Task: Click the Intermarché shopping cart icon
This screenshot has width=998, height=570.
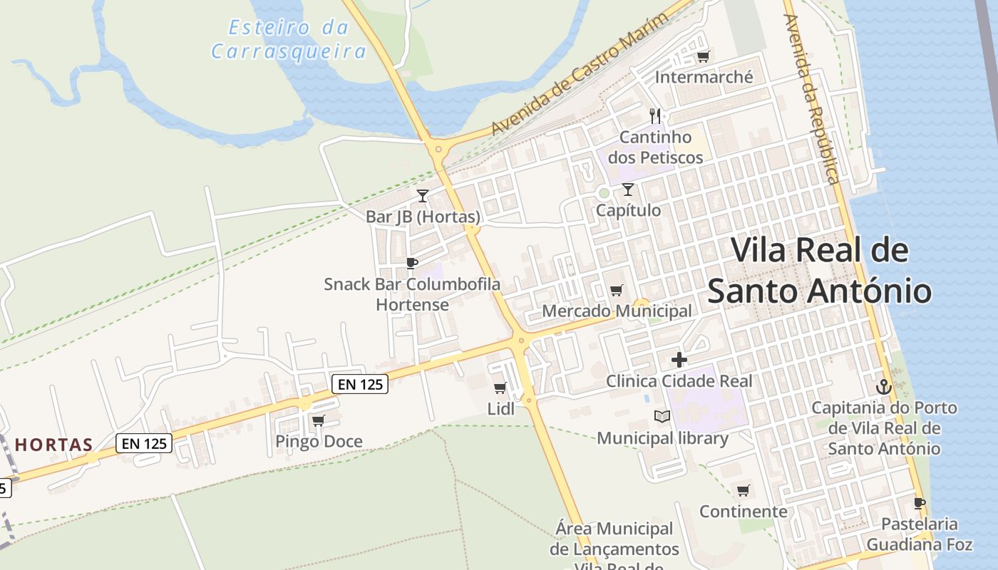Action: coord(703,56)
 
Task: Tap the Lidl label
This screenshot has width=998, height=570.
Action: coord(500,409)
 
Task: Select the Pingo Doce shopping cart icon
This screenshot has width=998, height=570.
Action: coord(319,420)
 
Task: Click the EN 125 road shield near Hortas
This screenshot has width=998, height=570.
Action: coord(145,443)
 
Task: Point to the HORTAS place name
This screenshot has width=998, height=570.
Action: coord(54,445)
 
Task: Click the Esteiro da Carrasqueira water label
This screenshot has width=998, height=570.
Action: coord(289,40)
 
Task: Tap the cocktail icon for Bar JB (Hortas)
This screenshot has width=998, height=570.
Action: coord(423,195)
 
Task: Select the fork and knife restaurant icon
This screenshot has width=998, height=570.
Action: coord(655,115)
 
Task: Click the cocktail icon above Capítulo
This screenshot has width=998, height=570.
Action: coord(627,190)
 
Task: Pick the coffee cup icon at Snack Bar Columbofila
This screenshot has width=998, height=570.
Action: coord(411,263)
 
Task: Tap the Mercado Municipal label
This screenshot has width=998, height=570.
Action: coord(617,311)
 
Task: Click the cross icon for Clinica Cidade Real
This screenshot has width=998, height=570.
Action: coord(679,360)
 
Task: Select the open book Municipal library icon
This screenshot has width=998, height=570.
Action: coord(662,416)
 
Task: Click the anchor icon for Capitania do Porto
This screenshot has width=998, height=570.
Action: coord(884,387)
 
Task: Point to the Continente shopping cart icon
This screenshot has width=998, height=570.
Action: coord(744,490)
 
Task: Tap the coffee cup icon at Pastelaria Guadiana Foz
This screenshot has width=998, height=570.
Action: coord(920,503)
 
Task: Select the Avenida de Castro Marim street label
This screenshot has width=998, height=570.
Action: coord(582,73)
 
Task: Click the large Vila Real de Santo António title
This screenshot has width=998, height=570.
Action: coord(820,271)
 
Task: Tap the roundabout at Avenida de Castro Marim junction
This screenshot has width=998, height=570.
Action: coord(437,150)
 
